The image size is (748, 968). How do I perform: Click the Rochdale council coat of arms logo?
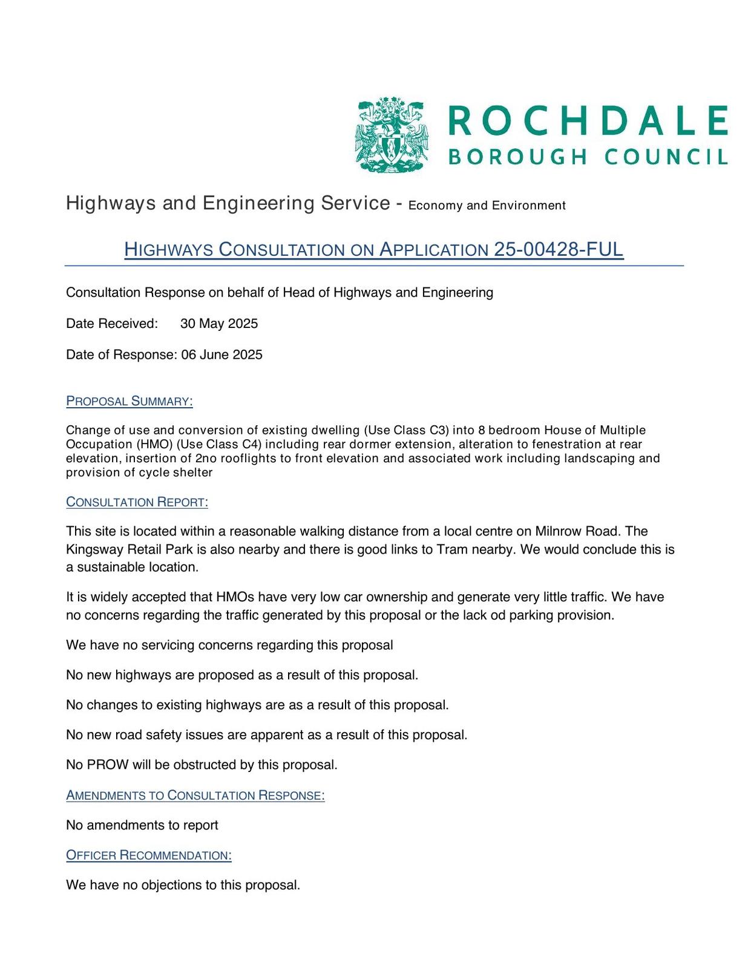pyautogui.click(x=391, y=134)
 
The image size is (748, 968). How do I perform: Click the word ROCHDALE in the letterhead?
pyautogui.click(x=587, y=120)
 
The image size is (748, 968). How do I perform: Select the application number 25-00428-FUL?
pyautogui.click(x=559, y=249)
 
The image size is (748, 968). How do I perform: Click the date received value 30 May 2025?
pyautogui.click(x=219, y=324)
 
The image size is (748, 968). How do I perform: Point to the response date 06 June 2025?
pyautogui.click(x=222, y=355)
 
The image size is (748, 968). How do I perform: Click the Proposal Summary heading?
pyautogui.click(x=130, y=401)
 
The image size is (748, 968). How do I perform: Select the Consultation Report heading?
pyautogui.click(x=137, y=502)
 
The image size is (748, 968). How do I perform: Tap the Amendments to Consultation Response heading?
pyautogui.click(x=195, y=795)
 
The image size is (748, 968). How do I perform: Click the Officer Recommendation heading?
pyautogui.click(x=149, y=855)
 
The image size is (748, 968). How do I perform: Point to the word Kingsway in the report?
pyautogui.click(x=94, y=549)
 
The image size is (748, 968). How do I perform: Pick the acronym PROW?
pyautogui.click(x=108, y=765)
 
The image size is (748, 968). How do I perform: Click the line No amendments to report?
pyautogui.click(x=142, y=825)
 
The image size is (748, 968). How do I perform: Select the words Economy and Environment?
pyautogui.click(x=487, y=206)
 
